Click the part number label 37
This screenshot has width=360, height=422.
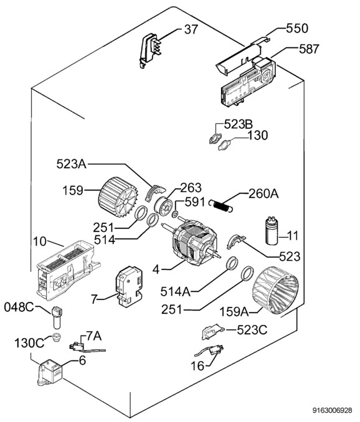(x=191, y=29)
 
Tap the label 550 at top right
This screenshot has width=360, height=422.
(x=297, y=28)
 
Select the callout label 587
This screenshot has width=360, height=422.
(x=309, y=49)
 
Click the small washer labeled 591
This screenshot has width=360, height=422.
(x=175, y=215)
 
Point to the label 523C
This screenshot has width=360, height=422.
(x=252, y=330)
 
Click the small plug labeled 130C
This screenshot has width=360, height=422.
(x=56, y=337)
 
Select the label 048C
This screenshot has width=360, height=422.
(x=19, y=307)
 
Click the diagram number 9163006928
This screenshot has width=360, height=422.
(x=332, y=410)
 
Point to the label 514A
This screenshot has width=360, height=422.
(x=175, y=292)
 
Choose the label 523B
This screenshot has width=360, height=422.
(x=239, y=124)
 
